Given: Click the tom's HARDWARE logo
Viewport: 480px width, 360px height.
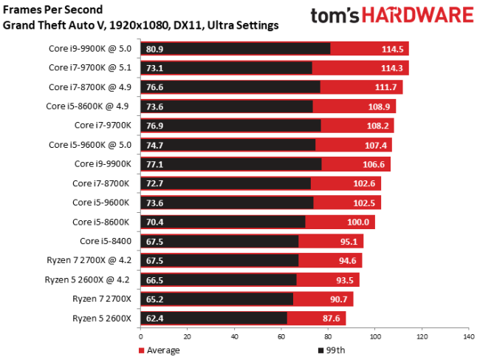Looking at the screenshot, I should [x=391, y=16].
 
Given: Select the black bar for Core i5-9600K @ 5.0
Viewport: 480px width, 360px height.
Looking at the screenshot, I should [x=222, y=145].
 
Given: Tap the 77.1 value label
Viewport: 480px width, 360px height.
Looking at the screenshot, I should [x=135, y=164].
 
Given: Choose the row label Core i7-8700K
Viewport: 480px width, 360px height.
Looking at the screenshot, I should [x=101, y=183].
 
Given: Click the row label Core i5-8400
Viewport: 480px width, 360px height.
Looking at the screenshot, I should [x=105, y=241].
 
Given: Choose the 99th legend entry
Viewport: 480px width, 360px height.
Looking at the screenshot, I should [x=332, y=350].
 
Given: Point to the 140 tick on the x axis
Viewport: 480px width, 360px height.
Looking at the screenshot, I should [x=467, y=336].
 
